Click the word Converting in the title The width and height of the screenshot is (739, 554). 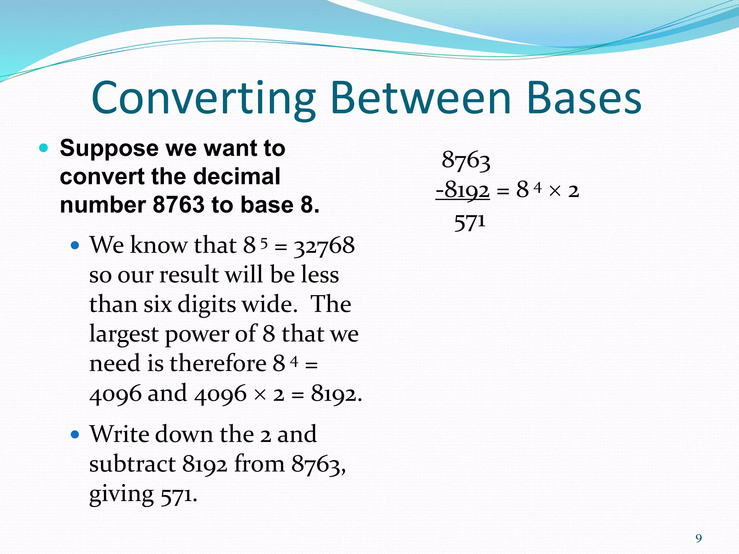point(204,98)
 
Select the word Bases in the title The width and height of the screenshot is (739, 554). point(584,98)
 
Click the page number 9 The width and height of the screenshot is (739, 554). point(699,538)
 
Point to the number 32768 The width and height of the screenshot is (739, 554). point(324,246)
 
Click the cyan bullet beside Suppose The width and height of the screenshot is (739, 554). point(44,148)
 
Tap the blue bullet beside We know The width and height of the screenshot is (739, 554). point(75,246)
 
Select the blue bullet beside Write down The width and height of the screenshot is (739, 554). point(75,434)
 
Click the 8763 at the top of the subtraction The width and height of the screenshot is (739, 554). point(466,160)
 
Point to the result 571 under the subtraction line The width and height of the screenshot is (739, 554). point(470,223)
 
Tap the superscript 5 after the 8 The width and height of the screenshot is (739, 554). point(264,244)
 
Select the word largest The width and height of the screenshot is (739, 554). point(124,334)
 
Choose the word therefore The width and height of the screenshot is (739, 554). point(218,363)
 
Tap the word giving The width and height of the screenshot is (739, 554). point(121,494)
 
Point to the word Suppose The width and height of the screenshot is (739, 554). point(109,148)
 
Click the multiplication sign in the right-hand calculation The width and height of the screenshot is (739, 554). point(555,191)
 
